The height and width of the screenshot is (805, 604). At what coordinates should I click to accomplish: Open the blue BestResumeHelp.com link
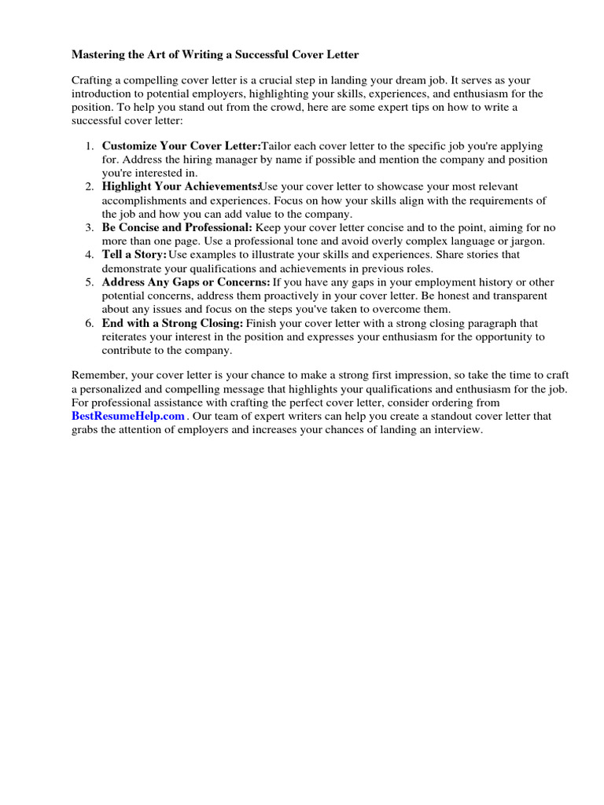128,416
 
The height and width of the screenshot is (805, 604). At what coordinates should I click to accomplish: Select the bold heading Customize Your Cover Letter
181,146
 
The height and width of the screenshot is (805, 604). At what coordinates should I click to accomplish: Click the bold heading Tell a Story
134,255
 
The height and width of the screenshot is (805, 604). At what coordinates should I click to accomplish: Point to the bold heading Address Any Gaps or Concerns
186,281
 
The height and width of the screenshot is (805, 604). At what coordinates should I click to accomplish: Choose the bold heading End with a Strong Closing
172,323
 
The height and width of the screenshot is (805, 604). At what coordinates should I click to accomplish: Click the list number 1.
89,146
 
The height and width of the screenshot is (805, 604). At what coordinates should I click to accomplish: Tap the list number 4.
89,255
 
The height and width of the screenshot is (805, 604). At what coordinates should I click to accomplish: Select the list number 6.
89,323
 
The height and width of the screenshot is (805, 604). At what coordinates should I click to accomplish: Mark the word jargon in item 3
526,241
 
